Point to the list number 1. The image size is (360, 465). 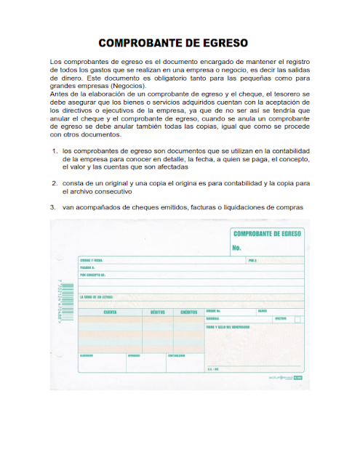point(55,151)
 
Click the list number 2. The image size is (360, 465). point(55,183)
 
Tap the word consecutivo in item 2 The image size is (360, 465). point(110,192)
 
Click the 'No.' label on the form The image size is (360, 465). point(237,248)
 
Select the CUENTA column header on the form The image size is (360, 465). point(111,312)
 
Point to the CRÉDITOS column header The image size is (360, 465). point(188,312)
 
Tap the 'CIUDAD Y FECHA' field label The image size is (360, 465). point(92,260)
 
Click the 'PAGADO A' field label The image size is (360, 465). point(88,267)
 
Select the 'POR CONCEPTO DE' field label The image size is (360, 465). point(93,275)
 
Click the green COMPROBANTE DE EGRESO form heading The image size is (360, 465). point(266,234)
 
